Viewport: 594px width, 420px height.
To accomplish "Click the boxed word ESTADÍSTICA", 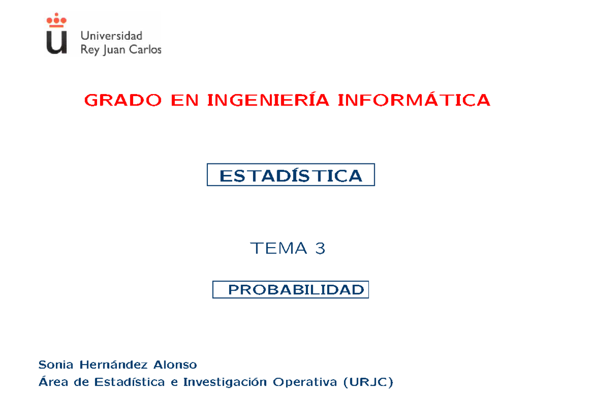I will click(x=291, y=175).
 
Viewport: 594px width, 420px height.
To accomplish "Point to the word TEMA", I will click(x=279, y=248).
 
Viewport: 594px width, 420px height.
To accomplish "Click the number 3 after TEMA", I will click(x=320, y=248).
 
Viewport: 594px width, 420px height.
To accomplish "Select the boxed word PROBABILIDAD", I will click(x=296, y=290).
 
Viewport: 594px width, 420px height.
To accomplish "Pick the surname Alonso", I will click(x=175, y=365).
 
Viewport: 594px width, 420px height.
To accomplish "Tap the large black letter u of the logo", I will click(x=56, y=42).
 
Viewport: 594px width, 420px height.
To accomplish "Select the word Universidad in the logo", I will click(x=111, y=36).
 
